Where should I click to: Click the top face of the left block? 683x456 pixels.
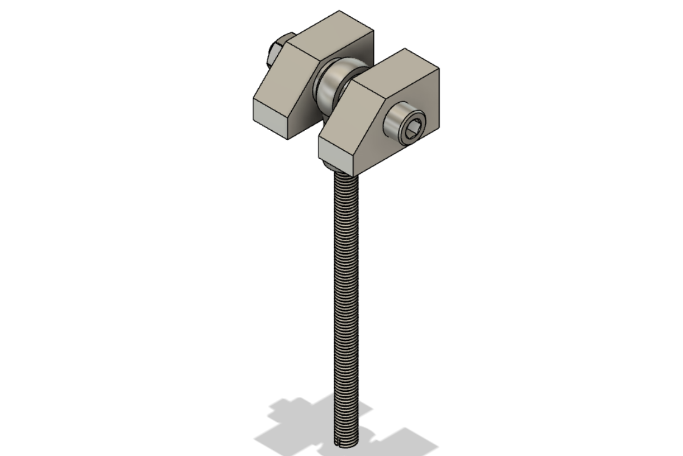click(x=331, y=34)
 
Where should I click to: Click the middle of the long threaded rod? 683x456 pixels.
click(x=347, y=307)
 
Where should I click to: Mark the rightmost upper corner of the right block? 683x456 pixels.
click(x=439, y=69)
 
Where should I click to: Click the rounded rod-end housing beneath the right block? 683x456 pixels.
click(x=334, y=167)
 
